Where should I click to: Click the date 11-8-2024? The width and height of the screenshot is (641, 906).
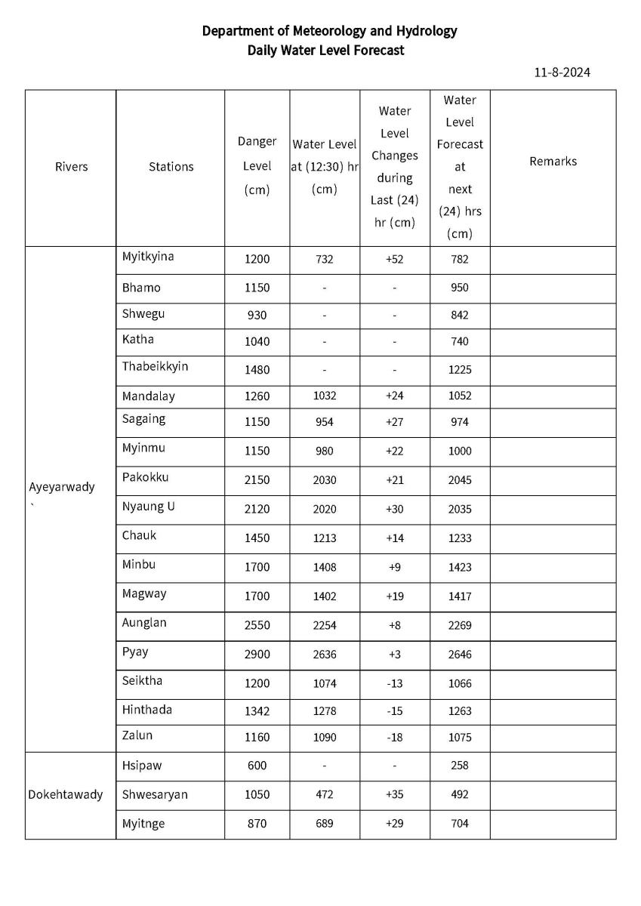coord(561,72)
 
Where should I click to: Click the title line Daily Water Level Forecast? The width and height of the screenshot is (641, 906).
coord(325,51)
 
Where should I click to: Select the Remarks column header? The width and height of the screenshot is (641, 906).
coord(553,161)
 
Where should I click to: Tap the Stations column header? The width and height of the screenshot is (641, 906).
coord(171,167)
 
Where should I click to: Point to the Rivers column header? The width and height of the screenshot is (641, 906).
coord(71,167)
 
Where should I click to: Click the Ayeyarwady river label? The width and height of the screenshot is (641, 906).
coord(62,487)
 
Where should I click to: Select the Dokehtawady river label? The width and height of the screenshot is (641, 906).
coord(66,794)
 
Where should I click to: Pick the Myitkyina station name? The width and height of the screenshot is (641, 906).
coord(148,257)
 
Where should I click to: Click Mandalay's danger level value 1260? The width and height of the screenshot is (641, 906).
coord(257,396)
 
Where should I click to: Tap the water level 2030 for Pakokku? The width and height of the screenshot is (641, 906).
coord(325,480)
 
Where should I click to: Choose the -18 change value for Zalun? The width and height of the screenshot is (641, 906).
coord(394,738)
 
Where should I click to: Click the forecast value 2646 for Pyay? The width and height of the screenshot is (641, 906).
coord(460,655)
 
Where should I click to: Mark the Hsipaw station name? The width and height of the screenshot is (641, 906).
coord(142,765)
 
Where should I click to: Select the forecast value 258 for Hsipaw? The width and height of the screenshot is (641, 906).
coord(460,766)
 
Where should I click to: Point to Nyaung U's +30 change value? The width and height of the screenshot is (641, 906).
coord(394,510)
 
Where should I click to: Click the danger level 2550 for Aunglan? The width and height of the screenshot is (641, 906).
coord(257,625)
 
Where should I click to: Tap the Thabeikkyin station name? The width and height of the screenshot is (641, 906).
coord(156,366)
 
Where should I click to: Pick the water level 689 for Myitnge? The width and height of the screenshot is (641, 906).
coord(325,824)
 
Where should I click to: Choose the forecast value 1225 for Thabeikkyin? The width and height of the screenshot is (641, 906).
coord(460,370)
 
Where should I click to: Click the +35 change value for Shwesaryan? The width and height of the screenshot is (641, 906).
coord(394,794)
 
